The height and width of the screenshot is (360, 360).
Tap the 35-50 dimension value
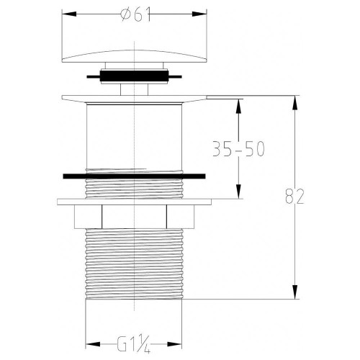[x=240, y=149]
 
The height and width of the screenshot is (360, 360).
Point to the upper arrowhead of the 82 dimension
[x=295, y=100]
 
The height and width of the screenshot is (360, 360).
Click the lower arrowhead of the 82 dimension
[x=295, y=295]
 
